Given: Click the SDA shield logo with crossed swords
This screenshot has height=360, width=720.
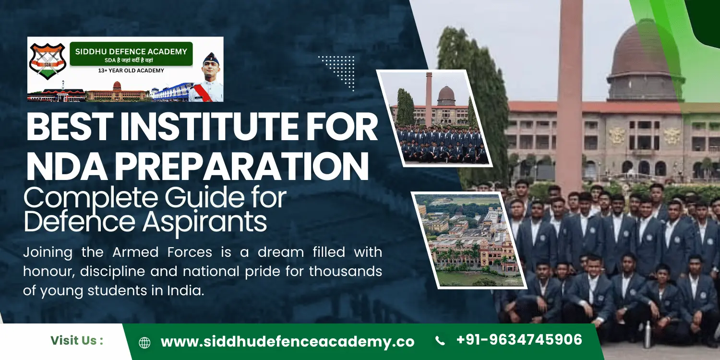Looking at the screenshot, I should coord(47,62).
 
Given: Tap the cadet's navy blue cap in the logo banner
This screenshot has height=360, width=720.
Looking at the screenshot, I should coord(210,59).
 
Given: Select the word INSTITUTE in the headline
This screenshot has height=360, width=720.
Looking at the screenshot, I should coord(234,128).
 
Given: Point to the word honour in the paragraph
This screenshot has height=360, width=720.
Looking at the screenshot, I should coord(48,272).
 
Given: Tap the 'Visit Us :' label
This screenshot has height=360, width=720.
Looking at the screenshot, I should coord(77,341).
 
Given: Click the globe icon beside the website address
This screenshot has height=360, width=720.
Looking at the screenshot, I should coord(144,342).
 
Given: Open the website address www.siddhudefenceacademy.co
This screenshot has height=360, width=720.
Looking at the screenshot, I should coord(287,342).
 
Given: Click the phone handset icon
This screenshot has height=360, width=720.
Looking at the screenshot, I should coord(439,341).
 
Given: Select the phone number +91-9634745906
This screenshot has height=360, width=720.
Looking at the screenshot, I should coord(519,340).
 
